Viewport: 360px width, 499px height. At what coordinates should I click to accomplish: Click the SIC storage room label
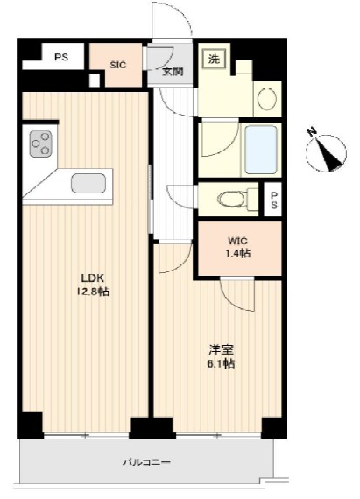(x=118, y=65)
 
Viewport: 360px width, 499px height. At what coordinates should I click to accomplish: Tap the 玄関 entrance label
(x=173, y=72)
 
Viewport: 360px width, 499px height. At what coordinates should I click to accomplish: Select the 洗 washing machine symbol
(x=214, y=59)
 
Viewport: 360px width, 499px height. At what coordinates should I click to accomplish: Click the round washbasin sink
(x=267, y=99)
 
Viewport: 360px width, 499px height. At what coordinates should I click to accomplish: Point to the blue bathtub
(x=261, y=150)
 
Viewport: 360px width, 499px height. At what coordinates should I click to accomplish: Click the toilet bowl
(x=231, y=200)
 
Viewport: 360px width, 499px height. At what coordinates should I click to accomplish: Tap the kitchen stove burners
(x=41, y=144)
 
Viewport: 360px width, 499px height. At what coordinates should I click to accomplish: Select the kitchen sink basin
(x=88, y=183)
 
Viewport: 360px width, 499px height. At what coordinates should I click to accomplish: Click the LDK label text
(x=93, y=278)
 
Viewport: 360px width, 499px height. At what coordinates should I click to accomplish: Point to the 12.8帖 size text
(x=93, y=292)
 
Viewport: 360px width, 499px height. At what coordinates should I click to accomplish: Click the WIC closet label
(x=237, y=241)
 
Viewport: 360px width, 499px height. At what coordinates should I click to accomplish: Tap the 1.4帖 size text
(x=237, y=253)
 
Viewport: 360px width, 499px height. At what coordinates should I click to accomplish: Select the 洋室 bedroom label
(x=222, y=350)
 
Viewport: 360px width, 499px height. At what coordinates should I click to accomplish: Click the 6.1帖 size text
(x=222, y=363)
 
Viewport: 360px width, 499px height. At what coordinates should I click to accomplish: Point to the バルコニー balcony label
(x=147, y=461)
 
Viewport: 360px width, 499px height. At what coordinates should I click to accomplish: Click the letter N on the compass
(x=311, y=131)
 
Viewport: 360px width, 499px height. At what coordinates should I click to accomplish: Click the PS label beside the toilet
(x=274, y=200)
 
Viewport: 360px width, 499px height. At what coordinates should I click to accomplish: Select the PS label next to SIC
(x=61, y=57)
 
